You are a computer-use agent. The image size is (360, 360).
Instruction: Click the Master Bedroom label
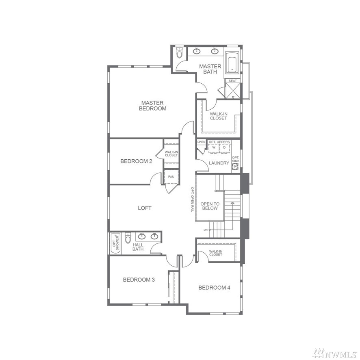coord(153,106)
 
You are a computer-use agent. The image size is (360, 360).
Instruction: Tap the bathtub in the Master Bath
coord(232,63)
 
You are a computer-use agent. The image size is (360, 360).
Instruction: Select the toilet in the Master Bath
coord(179,52)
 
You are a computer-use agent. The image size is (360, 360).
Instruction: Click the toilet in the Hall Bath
coord(128,238)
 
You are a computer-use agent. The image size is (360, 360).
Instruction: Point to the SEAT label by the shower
coord(232,81)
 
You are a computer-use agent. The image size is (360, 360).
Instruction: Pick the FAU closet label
coord(171,177)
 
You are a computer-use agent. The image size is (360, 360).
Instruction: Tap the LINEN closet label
coord(202,142)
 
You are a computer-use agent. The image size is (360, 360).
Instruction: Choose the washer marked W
coord(214,148)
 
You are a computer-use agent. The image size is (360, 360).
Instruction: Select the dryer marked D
coord(225,148)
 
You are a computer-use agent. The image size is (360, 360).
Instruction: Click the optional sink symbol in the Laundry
coord(236,167)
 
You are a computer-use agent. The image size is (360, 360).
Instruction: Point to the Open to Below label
coord(210,206)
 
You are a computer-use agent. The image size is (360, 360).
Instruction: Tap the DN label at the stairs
coord(206,230)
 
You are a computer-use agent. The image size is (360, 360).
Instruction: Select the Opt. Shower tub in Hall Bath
coord(116,244)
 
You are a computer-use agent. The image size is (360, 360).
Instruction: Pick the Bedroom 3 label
coord(139,280)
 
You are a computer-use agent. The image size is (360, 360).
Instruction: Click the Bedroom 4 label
coord(214,287)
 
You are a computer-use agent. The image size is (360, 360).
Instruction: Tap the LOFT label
coord(145,208)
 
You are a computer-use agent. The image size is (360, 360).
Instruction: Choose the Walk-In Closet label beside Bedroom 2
coord(171,154)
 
